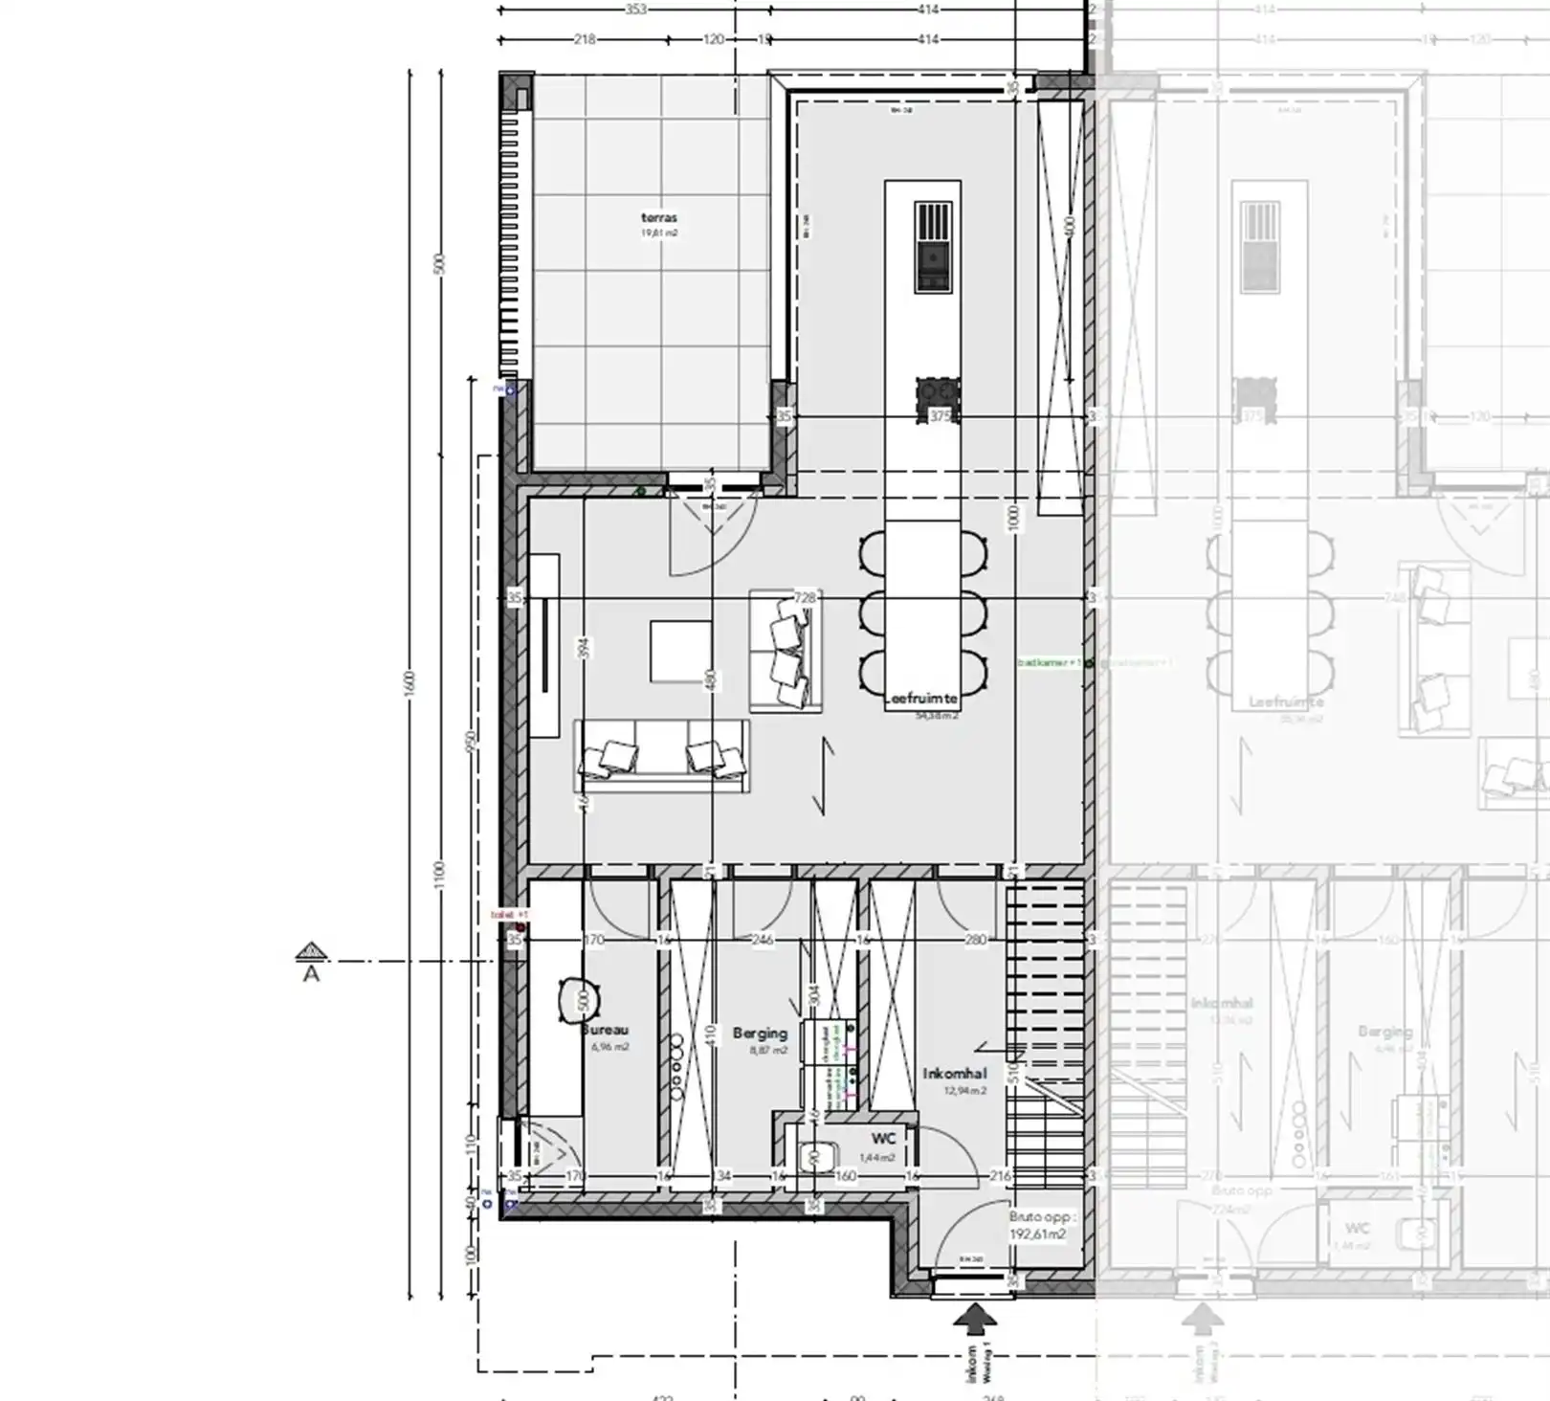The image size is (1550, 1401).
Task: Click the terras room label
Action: [659, 218]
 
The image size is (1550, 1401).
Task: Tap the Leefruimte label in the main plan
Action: [922, 700]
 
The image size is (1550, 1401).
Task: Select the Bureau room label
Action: [607, 1031]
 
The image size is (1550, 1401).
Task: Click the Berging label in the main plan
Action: [760, 1034]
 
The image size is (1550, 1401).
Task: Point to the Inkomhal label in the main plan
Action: [954, 1074]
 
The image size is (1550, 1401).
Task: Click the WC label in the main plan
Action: [883, 1139]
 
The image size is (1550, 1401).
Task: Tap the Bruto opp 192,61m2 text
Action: [1040, 1226]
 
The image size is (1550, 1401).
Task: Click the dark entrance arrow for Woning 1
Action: [974, 1320]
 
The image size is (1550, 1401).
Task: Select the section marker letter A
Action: [311, 974]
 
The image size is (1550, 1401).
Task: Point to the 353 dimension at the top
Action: [635, 10]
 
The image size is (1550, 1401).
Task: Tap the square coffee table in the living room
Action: [680, 652]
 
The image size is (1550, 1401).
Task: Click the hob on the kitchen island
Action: [934, 246]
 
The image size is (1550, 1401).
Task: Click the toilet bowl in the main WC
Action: [817, 1157]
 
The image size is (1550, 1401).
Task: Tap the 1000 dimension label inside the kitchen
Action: [1013, 520]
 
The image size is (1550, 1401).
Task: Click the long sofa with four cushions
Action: [661, 756]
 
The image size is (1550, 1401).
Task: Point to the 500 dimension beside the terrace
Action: [439, 263]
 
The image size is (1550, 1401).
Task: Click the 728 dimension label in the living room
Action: [805, 598]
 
